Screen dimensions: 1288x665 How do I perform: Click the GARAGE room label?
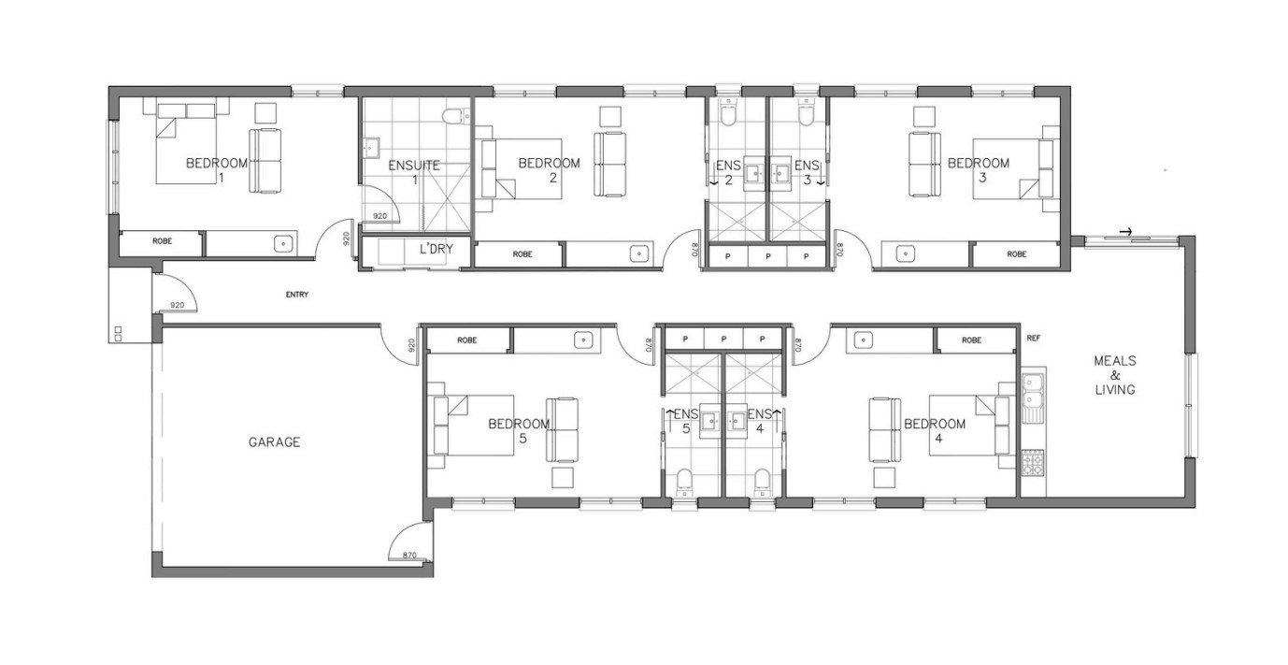pos(274,442)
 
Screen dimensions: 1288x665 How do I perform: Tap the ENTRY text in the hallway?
pos(297,295)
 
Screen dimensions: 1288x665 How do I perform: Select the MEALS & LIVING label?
pos(1115,375)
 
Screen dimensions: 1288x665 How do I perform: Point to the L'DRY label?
pos(436,249)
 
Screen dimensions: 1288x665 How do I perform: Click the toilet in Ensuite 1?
pos(456,116)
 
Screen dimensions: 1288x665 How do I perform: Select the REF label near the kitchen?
pos(1033,339)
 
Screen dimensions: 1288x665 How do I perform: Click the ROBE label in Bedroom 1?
pos(162,241)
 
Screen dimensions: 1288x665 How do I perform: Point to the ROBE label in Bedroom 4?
pos(972,340)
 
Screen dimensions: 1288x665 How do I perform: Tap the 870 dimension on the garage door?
pos(409,556)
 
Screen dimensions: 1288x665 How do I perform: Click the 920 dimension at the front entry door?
pos(177,305)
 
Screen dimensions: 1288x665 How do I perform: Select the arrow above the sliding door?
pos(1126,232)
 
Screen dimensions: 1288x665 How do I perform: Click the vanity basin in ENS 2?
pos(753,172)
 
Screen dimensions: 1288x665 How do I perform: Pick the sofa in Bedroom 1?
pos(265,161)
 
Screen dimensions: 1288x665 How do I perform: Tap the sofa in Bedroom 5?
pos(561,429)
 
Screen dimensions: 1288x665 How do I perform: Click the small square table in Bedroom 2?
pos(610,116)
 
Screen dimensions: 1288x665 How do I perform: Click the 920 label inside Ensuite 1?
pos(379,216)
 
